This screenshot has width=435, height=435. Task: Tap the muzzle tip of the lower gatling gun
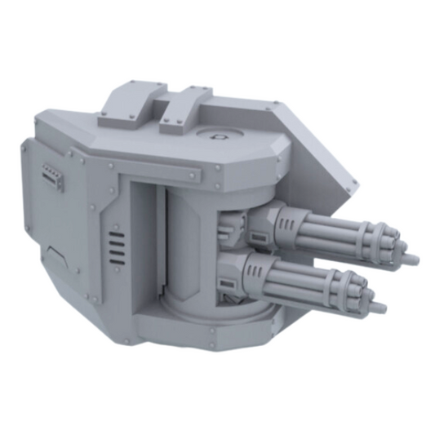click(380, 308)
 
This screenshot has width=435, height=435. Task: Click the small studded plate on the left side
click(53, 175)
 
